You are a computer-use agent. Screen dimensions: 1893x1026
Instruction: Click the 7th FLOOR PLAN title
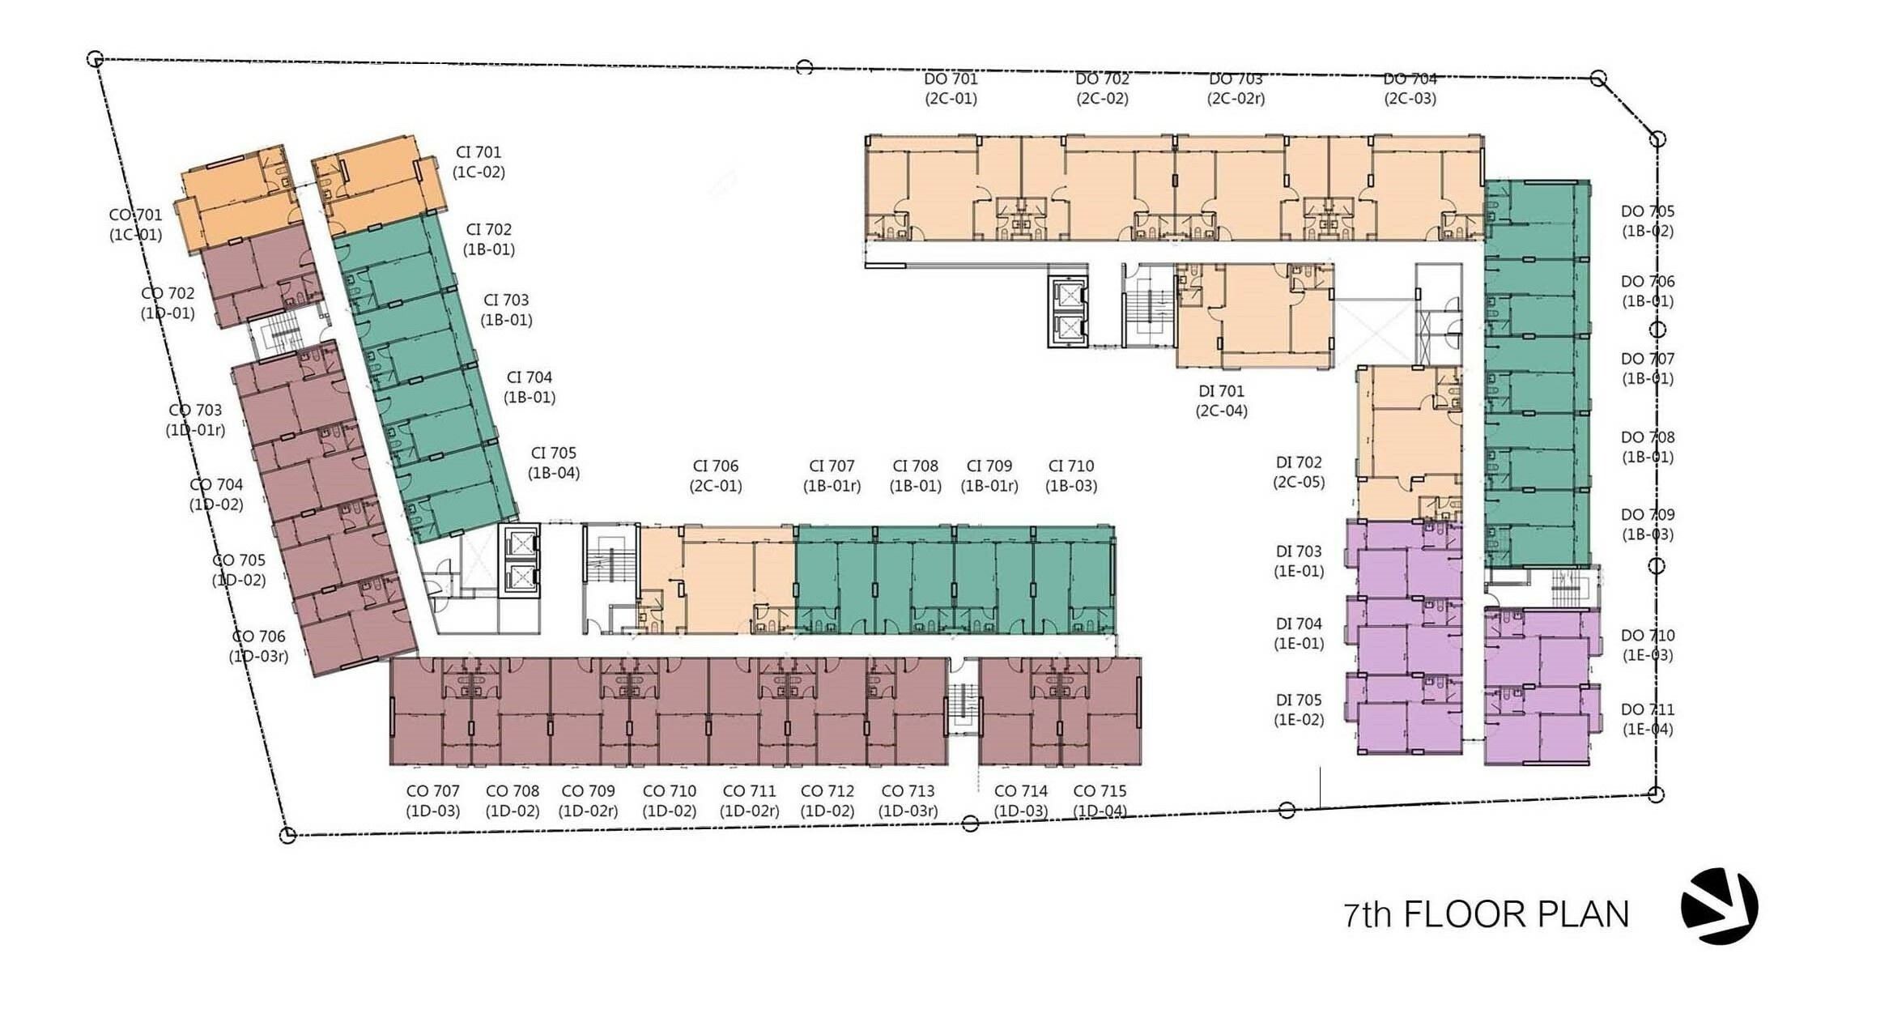point(1486,914)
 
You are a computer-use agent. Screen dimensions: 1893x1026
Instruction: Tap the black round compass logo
point(1720,906)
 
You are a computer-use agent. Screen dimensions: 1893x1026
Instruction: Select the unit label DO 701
point(951,79)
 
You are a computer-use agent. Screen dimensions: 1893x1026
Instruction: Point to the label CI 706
point(716,466)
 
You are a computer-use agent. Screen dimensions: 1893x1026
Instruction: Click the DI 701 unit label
point(1221,392)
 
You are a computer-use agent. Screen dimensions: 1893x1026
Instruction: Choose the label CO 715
point(1100,791)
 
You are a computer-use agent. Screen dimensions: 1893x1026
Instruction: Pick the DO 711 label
point(1648,710)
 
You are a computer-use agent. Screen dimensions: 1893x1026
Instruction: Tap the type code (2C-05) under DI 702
point(1299,483)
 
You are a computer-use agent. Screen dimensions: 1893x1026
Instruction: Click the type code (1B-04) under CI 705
point(554,473)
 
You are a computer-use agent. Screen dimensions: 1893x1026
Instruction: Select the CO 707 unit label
point(432,791)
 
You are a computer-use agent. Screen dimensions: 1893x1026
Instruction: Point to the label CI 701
point(479,152)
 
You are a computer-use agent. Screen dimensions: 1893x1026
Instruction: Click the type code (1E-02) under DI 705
point(1299,720)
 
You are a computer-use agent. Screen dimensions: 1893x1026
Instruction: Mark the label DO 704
point(1410,79)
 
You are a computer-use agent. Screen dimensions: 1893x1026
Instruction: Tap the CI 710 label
point(1071,466)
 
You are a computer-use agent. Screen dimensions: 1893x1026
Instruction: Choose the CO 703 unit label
point(195,411)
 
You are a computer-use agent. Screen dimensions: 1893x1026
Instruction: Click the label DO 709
point(1648,515)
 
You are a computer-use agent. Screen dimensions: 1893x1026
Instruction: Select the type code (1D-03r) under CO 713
point(908,811)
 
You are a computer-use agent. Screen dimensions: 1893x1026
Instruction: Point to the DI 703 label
point(1299,551)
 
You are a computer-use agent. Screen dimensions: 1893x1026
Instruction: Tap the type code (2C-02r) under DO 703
point(1236,99)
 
